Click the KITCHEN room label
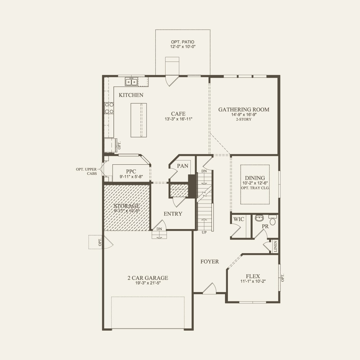click(x=131, y=95)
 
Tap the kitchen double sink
click(x=131, y=82)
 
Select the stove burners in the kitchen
click(x=109, y=108)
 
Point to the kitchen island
click(x=138, y=120)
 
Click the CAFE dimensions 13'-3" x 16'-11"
click(x=178, y=119)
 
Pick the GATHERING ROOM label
click(x=244, y=109)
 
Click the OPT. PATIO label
click(x=183, y=42)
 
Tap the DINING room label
click(x=255, y=178)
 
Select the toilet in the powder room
click(x=272, y=221)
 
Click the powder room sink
click(x=259, y=218)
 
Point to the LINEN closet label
click(x=275, y=246)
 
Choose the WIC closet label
click(x=239, y=219)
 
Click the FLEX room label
click(x=253, y=276)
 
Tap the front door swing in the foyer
click(x=210, y=289)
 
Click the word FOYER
click(x=210, y=262)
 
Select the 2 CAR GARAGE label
click(x=148, y=278)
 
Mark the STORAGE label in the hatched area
click(x=127, y=206)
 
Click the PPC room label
click(x=131, y=172)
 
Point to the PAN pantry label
click(x=183, y=166)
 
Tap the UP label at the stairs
click(x=204, y=232)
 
